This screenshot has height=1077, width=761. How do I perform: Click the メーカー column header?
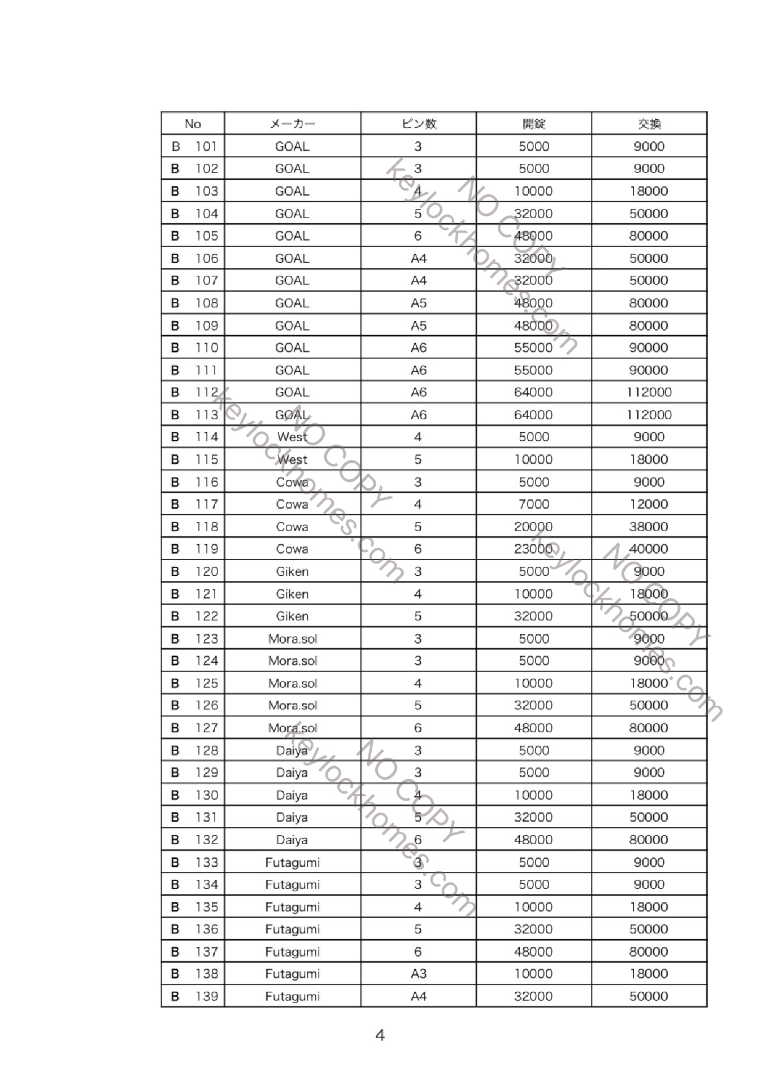(x=292, y=124)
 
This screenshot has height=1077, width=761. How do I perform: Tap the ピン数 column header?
(x=418, y=124)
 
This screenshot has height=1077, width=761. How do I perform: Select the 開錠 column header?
(x=534, y=124)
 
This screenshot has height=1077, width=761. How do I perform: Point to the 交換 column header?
(x=649, y=124)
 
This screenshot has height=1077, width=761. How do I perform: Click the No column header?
(x=193, y=124)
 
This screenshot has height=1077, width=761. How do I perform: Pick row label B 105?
(x=194, y=236)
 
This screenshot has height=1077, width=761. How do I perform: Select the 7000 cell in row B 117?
(x=534, y=504)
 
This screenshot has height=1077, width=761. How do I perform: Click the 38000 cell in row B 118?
(x=649, y=527)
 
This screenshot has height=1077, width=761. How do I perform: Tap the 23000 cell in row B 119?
(x=534, y=549)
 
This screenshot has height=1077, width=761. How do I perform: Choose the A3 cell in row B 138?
(x=418, y=974)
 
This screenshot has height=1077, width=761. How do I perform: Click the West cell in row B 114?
(x=292, y=437)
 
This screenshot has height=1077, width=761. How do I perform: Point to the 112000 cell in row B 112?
(x=649, y=392)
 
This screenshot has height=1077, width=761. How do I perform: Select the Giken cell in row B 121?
(x=292, y=594)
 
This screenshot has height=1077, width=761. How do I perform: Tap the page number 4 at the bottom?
(x=380, y=1035)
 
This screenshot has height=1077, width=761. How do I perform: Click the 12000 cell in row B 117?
(x=649, y=504)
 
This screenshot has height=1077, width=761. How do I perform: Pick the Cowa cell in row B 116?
(x=292, y=482)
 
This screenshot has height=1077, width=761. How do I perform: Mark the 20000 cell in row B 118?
(x=534, y=527)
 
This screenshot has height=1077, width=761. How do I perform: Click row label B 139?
(x=194, y=996)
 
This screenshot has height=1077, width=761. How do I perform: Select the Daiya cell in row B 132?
(x=292, y=840)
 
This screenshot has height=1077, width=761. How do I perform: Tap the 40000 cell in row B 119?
(x=649, y=549)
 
